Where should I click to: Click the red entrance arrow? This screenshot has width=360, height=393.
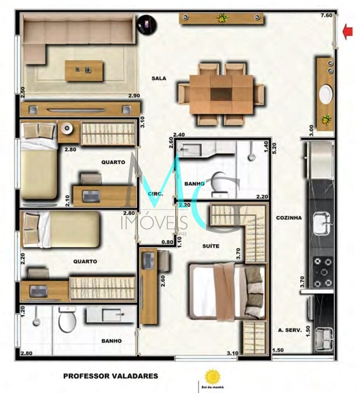tap(348, 32)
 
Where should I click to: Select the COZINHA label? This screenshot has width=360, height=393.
tap(289, 218)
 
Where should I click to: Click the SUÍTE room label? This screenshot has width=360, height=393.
tap(210, 246)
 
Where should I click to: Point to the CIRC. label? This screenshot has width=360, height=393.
tap(155, 193)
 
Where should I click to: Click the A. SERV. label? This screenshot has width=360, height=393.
tap(290, 330)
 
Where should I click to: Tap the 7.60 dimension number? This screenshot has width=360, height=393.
tap(326, 16)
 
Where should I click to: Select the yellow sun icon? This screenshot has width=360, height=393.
tap(213, 377)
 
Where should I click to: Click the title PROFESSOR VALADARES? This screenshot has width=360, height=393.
tap(110, 376)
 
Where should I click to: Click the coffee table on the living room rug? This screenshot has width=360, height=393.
tap(84, 71)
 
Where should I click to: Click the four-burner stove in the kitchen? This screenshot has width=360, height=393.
tap(323, 272)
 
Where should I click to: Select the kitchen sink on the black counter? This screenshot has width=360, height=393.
tap(322, 224)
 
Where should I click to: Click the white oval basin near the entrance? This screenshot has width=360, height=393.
tap(326, 94)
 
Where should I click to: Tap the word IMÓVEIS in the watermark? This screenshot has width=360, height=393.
tap(154, 223)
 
